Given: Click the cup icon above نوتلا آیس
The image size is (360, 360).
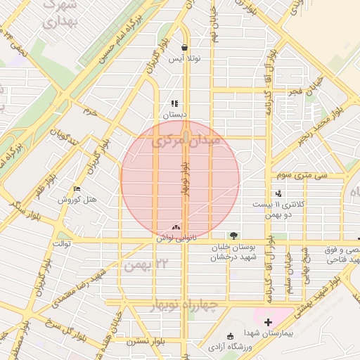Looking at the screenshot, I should [x=184, y=48].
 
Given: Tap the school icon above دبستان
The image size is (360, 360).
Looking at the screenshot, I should [x=174, y=103].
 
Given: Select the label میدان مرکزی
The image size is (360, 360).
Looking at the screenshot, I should [x=186, y=141].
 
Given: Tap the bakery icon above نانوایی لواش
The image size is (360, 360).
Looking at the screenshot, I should [x=175, y=227].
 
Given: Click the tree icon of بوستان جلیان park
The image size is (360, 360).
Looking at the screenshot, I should [x=233, y=236].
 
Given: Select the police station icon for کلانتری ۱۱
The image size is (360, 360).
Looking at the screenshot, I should [x=278, y=193].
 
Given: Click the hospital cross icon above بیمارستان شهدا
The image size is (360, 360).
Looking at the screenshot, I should [x=268, y=321].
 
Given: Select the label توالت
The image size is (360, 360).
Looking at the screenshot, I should [x=63, y=244].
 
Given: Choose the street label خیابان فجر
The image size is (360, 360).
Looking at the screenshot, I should [x=302, y=93].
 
